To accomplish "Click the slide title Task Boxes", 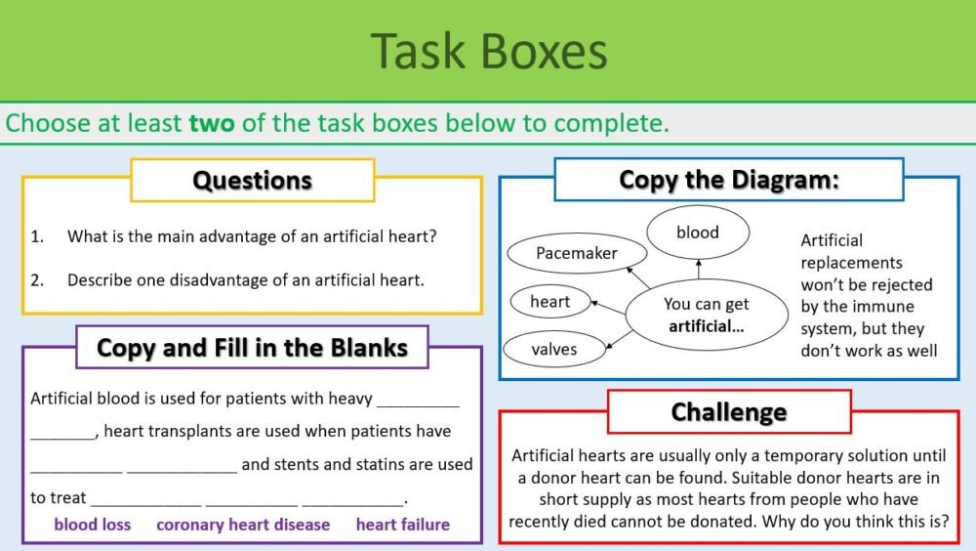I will coord(488,51).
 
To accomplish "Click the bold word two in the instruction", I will coord(212,124).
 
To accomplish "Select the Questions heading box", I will coord(252,181).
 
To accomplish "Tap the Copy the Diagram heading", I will coord(729,180).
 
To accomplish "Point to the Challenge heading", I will coord(728,411).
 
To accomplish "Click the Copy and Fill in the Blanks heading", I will coord(252,347).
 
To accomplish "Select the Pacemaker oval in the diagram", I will coord(577,253).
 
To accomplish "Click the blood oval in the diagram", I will coord(697,233).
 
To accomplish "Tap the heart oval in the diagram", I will coord(549,301).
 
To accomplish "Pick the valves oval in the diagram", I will coord(553,349).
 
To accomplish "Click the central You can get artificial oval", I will coord(706,316).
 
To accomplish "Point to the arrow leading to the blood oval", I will coord(699,273).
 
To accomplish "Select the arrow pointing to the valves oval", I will coord(618,338).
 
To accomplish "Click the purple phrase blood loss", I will coord(92,525).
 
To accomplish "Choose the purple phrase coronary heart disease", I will coord(243,525).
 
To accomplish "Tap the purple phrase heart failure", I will coord(402,525).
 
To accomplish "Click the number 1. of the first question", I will coord(37,236).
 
